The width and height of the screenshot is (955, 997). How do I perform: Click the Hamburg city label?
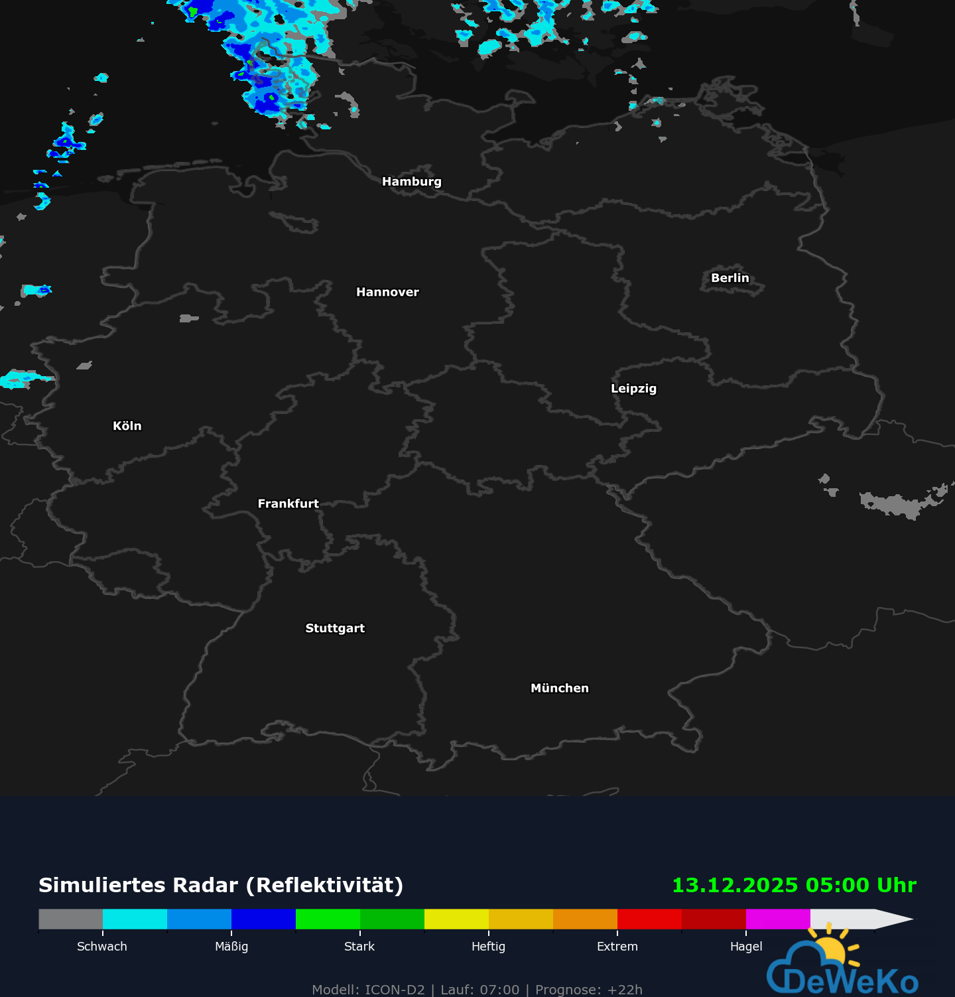pos(411,182)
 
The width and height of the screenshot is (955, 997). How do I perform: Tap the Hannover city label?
pos(387,293)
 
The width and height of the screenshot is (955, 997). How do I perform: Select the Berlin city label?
pos(730,278)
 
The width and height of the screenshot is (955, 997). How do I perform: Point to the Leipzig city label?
pos(633,389)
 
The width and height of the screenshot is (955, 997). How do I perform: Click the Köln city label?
pos(127,426)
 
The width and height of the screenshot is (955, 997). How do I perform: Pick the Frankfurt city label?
pos(288,504)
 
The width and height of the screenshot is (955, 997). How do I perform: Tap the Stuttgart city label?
pos(335,628)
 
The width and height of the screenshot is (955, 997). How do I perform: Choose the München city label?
pos(559,689)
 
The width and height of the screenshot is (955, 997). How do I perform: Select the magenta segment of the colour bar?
pos(778,919)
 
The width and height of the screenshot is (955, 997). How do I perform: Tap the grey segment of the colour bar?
pos(70,919)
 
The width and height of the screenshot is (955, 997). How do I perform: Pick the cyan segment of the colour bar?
pos(135,919)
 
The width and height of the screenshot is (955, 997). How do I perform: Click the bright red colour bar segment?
pos(649,919)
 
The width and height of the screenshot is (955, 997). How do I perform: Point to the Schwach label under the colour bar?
pos(102,947)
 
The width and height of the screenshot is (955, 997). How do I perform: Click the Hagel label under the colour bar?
pos(746,947)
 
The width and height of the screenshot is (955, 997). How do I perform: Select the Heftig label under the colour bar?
pos(488,947)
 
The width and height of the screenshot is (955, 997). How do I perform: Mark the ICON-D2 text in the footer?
pos(395,990)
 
